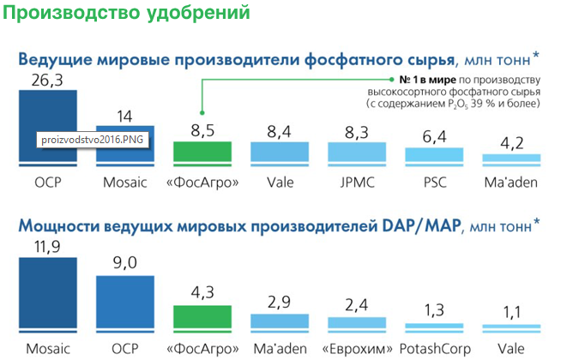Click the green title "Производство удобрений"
[129, 15]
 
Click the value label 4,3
[204, 292]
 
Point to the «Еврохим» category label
[359, 350]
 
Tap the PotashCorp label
[436, 350]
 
